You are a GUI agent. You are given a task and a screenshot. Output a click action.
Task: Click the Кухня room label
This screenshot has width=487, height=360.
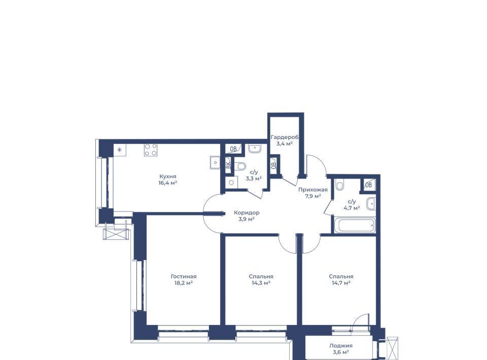tap(168, 176)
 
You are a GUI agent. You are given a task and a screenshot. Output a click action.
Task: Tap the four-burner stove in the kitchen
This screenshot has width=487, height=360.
tap(151, 150)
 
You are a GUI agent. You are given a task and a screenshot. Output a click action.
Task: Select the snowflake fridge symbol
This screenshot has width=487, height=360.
tap(119, 151)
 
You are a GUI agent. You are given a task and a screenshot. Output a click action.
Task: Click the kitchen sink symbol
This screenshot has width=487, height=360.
tap(215, 162)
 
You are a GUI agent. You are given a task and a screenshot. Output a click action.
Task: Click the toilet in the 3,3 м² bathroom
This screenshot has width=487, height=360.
tap(240, 166)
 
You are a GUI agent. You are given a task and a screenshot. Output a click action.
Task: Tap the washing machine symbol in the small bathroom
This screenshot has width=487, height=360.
tap(231, 183)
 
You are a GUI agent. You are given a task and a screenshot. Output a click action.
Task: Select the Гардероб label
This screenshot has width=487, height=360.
tap(285, 137)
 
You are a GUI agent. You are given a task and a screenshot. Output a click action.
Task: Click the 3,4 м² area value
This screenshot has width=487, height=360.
tap(285, 143)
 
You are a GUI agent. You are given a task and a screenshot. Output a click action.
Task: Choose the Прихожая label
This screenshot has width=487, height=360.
tap(313, 190)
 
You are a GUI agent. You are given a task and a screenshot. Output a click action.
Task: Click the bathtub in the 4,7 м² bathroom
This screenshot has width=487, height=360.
tap(356, 225)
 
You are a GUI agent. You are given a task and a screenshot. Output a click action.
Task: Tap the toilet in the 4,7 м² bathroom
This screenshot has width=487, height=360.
tap(340, 185)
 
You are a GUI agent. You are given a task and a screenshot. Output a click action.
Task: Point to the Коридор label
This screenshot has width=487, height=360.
tap(247, 212)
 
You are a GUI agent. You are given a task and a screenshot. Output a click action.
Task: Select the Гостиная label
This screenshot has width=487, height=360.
tap(184, 276)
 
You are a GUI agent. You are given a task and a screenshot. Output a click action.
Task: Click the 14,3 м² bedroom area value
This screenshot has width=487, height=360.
tap(261, 283)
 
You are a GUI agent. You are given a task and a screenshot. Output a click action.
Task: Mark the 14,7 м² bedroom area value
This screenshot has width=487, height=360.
tap(341, 283)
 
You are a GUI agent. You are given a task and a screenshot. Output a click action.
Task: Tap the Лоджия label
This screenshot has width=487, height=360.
tap(341, 345)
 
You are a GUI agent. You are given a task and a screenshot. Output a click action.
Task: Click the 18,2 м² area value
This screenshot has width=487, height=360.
tap(184, 283)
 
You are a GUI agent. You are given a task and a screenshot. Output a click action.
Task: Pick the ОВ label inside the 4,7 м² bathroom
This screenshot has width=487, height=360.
tap(369, 185)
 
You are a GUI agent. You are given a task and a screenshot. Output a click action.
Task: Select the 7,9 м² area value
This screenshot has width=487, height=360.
tap(313, 196)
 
